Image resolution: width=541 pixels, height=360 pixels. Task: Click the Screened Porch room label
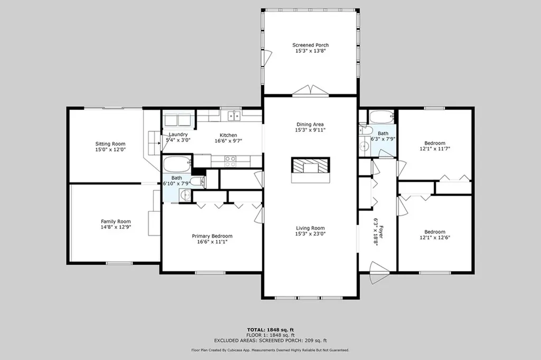coord(311,45)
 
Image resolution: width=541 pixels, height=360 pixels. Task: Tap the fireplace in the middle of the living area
coord(310,169)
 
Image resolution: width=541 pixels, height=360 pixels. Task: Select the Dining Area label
coord(310,125)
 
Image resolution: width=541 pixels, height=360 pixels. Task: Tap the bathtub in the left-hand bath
coord(177,164)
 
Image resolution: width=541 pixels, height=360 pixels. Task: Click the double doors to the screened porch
coord(310,90)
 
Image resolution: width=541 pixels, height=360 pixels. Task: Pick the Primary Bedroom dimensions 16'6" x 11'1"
coord(212,242)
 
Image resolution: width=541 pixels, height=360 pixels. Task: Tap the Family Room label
coord(116,221)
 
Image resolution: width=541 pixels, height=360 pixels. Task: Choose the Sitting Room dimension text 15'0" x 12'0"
coord(110,150)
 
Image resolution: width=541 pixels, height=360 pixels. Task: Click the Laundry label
coord(178,135)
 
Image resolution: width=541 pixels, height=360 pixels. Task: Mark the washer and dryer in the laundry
coord(179,119)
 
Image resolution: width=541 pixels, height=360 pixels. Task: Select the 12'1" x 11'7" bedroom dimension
coord(435,150)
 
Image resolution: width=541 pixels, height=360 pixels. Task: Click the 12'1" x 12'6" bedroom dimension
coord(435,238)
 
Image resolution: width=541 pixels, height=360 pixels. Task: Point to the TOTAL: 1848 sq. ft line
coord(270,329)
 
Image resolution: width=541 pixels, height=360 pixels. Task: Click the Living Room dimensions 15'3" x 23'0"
coord(310,234)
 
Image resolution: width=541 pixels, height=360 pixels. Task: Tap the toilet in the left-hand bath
coord(196,181)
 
